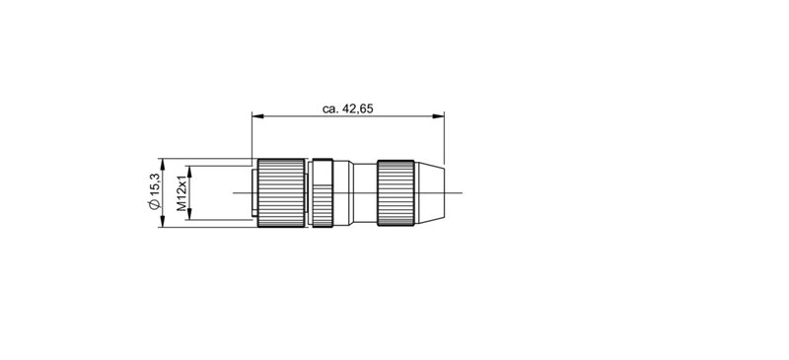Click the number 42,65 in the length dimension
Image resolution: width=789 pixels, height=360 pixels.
coord(356,108)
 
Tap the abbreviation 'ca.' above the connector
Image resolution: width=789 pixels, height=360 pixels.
coord(329,108)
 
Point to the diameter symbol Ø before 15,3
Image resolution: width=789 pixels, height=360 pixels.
coord(154,205)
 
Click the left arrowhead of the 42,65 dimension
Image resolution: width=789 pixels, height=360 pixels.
coord(257,117)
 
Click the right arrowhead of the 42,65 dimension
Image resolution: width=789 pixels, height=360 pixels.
coord(439,117)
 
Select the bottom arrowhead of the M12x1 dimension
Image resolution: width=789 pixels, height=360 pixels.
coord(190,218)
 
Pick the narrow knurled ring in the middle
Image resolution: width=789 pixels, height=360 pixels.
coord(323,193)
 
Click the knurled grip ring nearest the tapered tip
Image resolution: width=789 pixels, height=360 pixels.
coord(396,193)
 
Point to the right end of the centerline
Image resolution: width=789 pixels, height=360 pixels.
coord(463,193)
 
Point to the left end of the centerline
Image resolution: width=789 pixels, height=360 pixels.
coord(233,193)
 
